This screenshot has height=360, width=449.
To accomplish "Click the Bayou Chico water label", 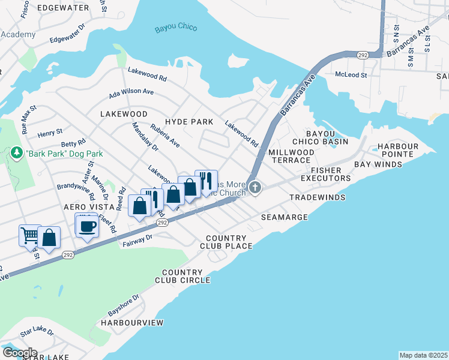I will point(173,28).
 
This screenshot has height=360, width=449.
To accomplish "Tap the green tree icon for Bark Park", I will point(17,154).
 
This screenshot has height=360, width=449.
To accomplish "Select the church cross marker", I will point(255,188).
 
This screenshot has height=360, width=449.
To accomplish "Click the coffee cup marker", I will point(88,226).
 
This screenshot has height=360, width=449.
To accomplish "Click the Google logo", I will point(19,353).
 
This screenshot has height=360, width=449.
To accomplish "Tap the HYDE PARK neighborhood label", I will point(189,122).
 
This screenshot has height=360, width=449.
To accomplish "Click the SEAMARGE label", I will point(285,217).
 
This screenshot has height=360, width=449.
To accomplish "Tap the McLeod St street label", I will point(351,75).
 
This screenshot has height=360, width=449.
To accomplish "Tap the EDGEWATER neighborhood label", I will point(60,7).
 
